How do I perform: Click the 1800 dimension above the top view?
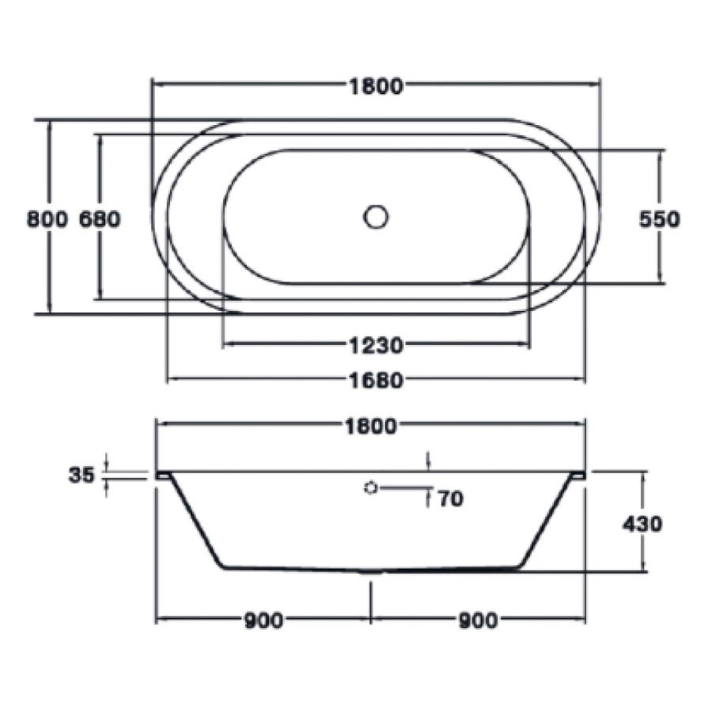376,86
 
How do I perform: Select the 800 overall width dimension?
47,218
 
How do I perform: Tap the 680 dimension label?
100,218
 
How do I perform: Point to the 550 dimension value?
659,218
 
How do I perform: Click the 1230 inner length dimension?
376,345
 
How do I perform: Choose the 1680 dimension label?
376,381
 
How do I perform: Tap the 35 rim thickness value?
81,475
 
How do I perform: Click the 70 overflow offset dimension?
449,498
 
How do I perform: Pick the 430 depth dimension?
642,523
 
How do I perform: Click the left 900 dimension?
263,621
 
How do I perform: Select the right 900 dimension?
477,621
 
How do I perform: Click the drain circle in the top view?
377,216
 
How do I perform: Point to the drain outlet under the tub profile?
369,572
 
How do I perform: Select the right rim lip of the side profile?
578,475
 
